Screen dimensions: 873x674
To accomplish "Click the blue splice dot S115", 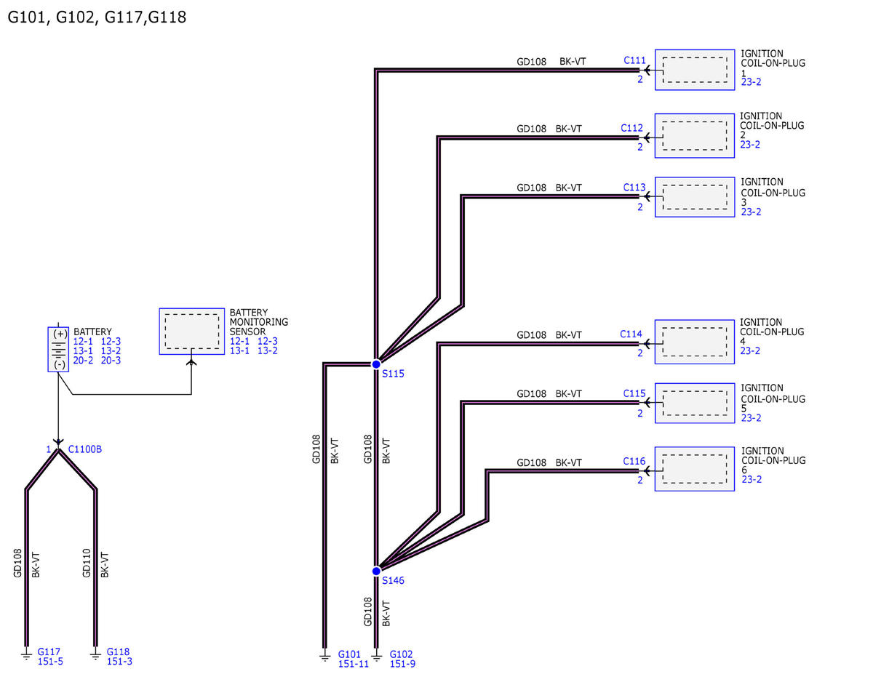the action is [376, 364].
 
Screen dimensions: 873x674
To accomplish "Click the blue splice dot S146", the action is [376, 571].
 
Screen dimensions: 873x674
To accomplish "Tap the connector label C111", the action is [634, 60].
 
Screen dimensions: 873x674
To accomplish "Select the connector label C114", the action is [631, 334].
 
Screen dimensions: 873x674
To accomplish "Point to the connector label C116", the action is [634, 461].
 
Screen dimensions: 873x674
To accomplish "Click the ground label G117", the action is [49, 651].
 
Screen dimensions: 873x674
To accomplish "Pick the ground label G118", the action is [118, 651].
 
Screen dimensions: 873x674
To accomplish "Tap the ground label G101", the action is [349, 654].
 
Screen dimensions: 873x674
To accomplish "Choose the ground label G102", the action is [401, 654].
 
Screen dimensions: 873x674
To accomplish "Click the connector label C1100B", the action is [85, 449].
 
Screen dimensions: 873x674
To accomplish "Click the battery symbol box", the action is [58, 349].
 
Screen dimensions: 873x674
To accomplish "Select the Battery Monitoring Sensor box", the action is [191, 331].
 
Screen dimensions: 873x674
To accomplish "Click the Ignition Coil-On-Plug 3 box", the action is [695, 197].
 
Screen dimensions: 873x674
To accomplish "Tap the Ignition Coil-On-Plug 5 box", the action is [695, 403].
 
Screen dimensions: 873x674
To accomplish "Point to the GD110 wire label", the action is [87, 563].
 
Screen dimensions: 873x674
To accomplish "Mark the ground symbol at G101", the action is [324, 657].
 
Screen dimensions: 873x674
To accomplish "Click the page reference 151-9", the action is [402, 664].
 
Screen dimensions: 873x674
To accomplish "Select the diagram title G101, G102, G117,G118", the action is [97, 17].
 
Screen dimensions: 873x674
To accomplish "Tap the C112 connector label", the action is [631, 128].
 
